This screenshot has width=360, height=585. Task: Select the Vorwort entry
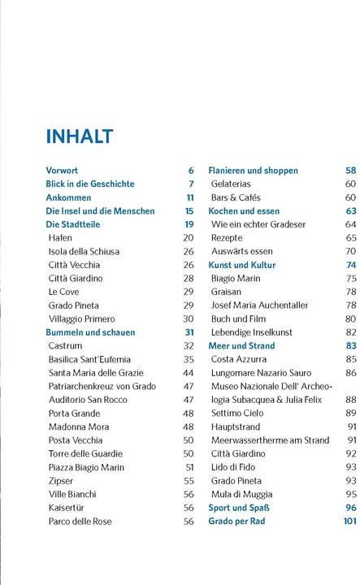pyautogui.click(x=62, y=171)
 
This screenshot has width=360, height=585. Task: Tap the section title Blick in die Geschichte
pyautogui.click(x=90, y=184)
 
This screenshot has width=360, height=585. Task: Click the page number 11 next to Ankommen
pyautogui.click(x=190, y=197)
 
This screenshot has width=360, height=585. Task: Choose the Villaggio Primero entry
pyautogui.click(x=81, y=319)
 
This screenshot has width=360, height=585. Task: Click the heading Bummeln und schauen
pyautogui.click(x=90, y=332)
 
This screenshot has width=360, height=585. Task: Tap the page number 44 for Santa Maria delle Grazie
pyautogui.click(x=189, y=373)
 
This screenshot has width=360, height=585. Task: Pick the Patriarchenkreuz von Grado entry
pyautogui.click(x=102, y=386)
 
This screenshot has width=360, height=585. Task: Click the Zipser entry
pyautogui.click(x=61, y=481)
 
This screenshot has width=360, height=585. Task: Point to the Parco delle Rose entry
pyautogui.click(x=79, y=522)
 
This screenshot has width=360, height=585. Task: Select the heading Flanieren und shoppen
pyautogui.click(x=253, y=171)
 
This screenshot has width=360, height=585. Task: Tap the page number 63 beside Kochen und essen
pyautogui.click(x=351, y=211)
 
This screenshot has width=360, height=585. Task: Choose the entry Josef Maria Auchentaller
pyautogui.click(x=259, y=305)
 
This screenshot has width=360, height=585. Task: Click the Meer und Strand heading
pyautogui.click(x=241, y=346)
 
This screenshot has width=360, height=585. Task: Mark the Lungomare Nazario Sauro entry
pyautogui.click(x=260, y=373)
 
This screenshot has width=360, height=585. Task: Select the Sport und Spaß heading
pyautogui.click(x=239, y=508)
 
